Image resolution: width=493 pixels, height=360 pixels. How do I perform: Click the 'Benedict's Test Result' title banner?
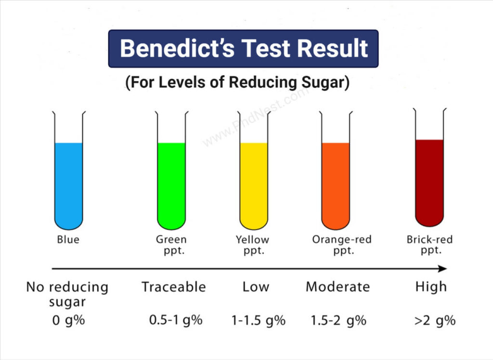coord(243,49)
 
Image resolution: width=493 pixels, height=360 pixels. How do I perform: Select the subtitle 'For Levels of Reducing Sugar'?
coord(237,82)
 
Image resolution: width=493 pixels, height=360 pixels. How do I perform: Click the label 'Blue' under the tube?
coord(68,240)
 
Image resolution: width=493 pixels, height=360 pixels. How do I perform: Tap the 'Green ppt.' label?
coord(171,244)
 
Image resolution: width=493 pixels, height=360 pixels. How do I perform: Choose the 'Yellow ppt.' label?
coord(253,244)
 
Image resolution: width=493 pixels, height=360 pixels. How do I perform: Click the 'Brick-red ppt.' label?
coord(429,244)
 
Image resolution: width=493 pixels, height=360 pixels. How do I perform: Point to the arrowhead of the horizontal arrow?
coord(442,269)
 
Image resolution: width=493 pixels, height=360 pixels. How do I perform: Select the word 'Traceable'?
coord(173,287)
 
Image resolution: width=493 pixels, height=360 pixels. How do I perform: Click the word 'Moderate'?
coord(337,287)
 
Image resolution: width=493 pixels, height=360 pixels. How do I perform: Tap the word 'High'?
coord(431,287)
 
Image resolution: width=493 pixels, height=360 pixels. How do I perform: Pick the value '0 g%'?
coord(68,320)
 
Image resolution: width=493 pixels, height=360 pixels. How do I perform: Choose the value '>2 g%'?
coord(434,320)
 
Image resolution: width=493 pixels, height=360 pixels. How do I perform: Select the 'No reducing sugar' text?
coord(67,294)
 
